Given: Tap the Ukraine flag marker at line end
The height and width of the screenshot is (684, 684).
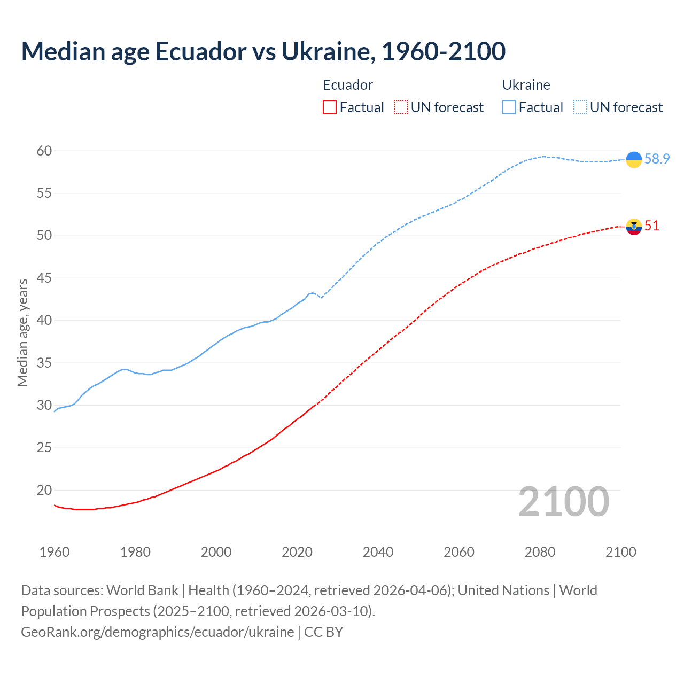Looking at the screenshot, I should point(634,159).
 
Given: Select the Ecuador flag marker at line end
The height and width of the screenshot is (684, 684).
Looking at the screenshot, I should point(634,227).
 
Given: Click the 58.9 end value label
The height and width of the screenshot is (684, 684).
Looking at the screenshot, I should point(657,159).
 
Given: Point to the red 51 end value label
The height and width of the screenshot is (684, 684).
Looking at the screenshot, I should point(652,226).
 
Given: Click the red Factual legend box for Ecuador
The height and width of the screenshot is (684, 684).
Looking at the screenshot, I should point(330,107).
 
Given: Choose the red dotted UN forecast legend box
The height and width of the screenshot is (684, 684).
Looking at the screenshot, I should point(401,107).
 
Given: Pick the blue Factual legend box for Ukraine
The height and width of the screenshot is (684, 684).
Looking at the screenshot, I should point(509,107).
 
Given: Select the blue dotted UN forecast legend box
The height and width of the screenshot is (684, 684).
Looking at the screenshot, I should point(580,107).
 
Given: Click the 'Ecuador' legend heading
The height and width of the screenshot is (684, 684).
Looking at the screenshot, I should point(348,85).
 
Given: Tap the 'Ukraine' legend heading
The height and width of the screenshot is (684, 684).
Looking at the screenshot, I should point(526,85).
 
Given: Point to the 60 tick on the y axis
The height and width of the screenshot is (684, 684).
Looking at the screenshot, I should point(44,151).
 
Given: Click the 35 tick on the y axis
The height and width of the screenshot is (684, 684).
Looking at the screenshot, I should point(44,363).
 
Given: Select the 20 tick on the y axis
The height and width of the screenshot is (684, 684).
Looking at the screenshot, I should point(44,490).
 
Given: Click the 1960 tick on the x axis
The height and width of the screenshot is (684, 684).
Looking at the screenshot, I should point(55,552).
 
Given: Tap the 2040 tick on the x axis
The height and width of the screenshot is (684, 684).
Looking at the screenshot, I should point(378,552).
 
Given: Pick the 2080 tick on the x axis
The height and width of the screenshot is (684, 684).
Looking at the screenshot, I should point(540,552).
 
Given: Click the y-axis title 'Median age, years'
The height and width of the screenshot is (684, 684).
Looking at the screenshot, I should point(22,332).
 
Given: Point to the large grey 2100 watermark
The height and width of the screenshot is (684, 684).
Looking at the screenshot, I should point(564,502).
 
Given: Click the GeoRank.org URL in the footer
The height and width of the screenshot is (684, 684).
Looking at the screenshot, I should point(157,632).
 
